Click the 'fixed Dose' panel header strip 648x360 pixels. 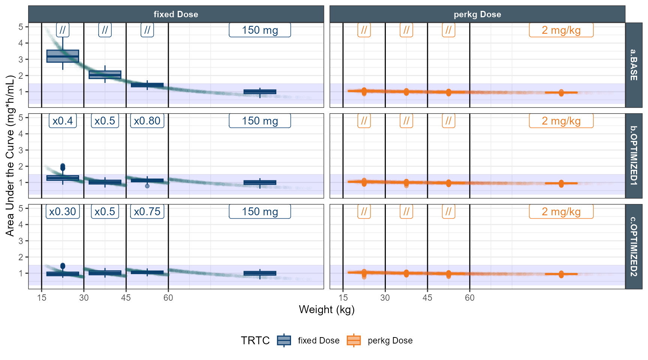click(176, 14)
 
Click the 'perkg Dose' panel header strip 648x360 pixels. click(477, 14)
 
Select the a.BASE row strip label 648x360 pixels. click(634, 65)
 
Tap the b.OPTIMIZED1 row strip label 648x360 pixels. click(634, 156)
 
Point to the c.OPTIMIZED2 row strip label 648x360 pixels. click(634, 246)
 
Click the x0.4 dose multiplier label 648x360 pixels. click(63, 121)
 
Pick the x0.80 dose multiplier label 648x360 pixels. click(147, 121)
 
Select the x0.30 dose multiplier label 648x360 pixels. click(63, 211)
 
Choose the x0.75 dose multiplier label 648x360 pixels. click(147, 211)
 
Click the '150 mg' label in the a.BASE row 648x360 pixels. click(260, 30)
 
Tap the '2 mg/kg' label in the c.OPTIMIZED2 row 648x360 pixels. click(561, 211)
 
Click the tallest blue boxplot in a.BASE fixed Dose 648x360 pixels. click(63, 56)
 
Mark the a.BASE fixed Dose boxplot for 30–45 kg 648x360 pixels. click(105, 75)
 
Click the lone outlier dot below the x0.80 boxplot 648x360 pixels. click(147, 186)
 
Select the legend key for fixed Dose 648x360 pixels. click(284, 340)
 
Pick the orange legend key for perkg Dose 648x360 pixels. click(354, 340)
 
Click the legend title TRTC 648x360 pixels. click(255, 340)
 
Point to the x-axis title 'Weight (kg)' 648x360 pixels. click(327, 309)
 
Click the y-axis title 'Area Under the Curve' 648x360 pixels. click(10, 156)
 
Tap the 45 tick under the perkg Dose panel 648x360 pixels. click(427, 298)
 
